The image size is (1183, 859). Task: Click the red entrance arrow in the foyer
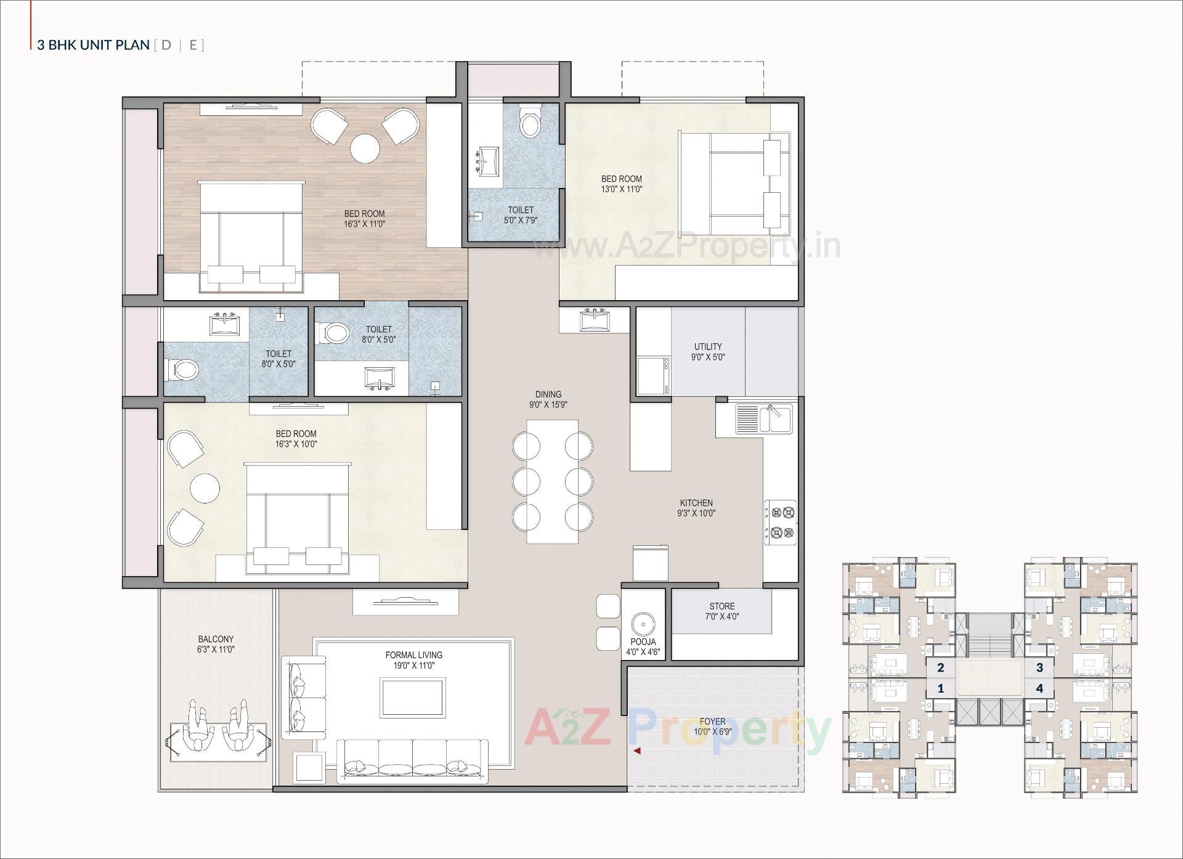(x=637, y=751)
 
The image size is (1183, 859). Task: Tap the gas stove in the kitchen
(x=780, y=523)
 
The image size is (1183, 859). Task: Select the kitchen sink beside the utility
(x=764, y=418)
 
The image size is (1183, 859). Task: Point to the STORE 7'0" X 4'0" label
(x=722, y=611)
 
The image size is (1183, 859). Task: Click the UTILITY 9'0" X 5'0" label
(x=707, y=352)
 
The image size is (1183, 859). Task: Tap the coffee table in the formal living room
(x=412, y=698)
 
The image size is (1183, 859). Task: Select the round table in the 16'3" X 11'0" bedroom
(x=365, y=149)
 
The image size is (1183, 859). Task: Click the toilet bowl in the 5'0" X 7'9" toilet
(x=529, y=123)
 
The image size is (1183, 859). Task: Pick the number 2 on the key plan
(x=940, y=667)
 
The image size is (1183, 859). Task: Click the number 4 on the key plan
(x=1039, y=688)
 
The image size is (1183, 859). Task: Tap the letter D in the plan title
(x=166, y=45)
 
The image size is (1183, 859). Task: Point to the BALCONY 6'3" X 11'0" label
(x=216, y=645)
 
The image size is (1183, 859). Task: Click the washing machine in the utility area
(x=653, y=376)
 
